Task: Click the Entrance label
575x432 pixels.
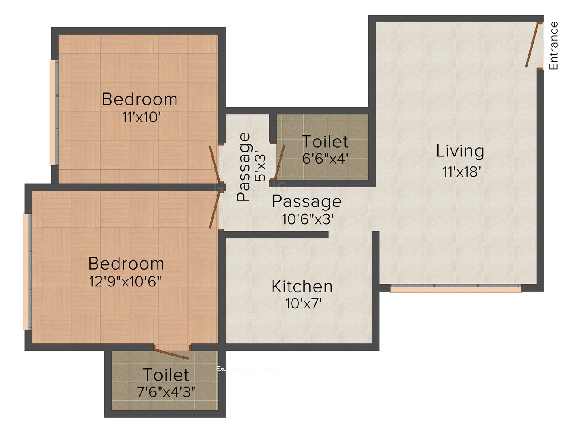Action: pos(553,45)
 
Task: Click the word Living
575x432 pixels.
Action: pos(460,151)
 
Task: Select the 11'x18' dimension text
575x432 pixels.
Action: pos(462,172)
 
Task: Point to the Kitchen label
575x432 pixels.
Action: pos(302,287)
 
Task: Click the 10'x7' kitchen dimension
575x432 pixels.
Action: pos(303,304)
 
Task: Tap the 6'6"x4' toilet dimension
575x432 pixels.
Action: pos(325,159)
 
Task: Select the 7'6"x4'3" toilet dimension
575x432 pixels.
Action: pos(166,392)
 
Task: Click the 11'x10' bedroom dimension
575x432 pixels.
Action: pos(141,117)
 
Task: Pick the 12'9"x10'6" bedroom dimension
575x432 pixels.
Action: pos(125,282)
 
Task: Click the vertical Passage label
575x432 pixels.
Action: pos(244,167)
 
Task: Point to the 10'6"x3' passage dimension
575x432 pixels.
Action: pos(308,219)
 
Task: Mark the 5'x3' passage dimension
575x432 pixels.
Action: pos(260,166)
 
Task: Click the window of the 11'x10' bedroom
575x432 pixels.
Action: pos(53,112)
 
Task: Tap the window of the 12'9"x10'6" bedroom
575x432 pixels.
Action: pos(26,272)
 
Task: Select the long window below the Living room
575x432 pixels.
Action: pos(456,289)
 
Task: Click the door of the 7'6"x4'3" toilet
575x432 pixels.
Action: pos(172,353)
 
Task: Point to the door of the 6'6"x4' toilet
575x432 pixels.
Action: pos(280,162)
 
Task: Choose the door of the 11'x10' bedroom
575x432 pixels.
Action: pos(214,164)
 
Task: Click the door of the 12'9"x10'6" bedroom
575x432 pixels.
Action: pos(214,210)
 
